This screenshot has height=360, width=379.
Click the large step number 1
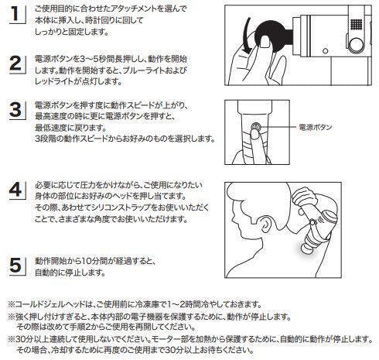15,14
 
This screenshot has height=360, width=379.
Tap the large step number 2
15,63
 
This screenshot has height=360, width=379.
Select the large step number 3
15,110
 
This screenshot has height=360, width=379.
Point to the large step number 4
15,190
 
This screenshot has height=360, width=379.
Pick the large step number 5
15,265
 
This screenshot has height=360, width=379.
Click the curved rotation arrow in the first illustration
247,36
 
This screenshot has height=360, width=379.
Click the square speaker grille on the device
357,24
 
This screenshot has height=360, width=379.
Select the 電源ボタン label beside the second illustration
315,127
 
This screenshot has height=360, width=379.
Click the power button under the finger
256,126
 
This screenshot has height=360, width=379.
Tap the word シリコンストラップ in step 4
121,207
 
